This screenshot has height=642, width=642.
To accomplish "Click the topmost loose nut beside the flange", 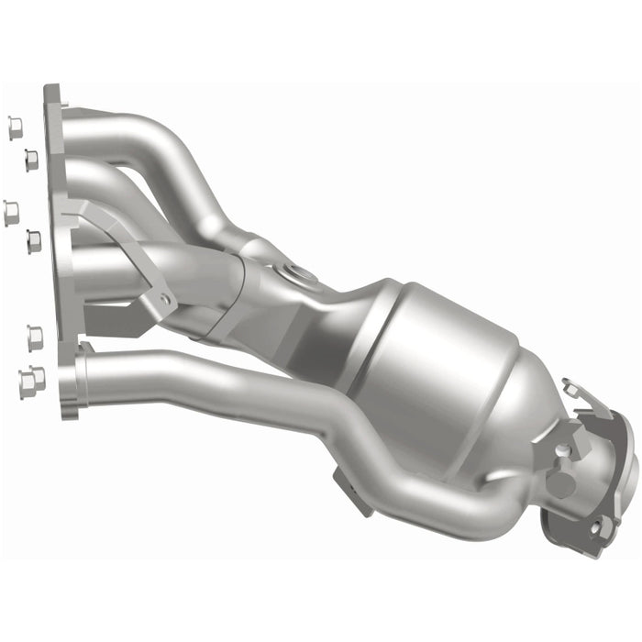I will click(15, 127).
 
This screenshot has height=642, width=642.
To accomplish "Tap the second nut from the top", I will click(30, 160).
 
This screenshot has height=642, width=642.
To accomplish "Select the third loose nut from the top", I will click(11, 212).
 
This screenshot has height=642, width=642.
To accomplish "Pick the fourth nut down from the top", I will click(32, 241).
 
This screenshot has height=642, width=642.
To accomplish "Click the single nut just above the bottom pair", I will click(35, 338).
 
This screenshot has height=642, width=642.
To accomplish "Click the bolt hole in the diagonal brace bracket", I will click(164, 300).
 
